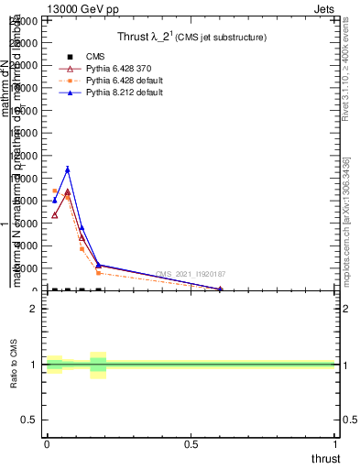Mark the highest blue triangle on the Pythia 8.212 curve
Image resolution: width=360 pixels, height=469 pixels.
[67, 169]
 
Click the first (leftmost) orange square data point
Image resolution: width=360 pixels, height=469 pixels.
[55, 191]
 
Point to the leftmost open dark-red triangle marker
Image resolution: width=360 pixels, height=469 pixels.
[55, 215]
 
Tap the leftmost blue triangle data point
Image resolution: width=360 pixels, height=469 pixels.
[55, 200]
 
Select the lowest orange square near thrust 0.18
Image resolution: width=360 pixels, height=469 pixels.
[98, 273]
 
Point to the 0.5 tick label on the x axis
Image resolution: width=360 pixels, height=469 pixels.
[191, 444]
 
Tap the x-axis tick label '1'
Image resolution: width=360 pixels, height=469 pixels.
[336, 444]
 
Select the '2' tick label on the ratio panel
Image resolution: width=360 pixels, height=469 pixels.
[34, 309]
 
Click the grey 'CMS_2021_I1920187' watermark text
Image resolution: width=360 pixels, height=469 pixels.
[191, 274]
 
